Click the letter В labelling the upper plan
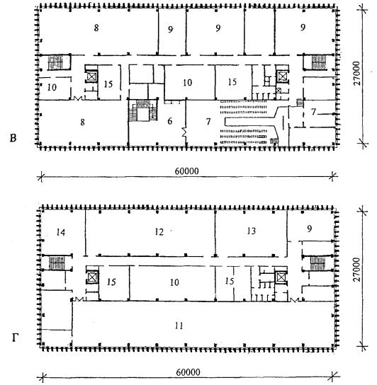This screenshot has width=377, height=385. tap(13, 138)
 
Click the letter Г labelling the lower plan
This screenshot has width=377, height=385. tap(15, 338)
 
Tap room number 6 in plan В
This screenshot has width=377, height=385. tap(169, 121)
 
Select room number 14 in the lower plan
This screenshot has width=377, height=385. tap(60, 232)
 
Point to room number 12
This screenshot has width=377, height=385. tap(159, 232)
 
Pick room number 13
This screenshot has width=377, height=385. tap(252, 231)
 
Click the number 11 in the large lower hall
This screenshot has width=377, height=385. tap(179, 326)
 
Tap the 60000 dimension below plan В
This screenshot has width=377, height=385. tap(186, 171)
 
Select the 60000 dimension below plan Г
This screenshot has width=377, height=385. tap(188, 372)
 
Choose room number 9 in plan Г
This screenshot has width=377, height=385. tap(310, 229)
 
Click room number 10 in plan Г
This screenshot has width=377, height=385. tap(174, 282)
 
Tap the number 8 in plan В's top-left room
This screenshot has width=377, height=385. tap(96, 28)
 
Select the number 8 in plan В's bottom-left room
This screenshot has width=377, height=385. tap(82, 122)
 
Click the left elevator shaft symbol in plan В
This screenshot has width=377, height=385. tap(91, 76)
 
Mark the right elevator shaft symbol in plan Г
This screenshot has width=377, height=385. tap(281, 278)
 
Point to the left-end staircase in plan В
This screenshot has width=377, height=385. tap(55, 62)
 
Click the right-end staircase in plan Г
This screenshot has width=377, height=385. tap(317, 263)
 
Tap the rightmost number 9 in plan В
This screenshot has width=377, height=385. tap(303, 28)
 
